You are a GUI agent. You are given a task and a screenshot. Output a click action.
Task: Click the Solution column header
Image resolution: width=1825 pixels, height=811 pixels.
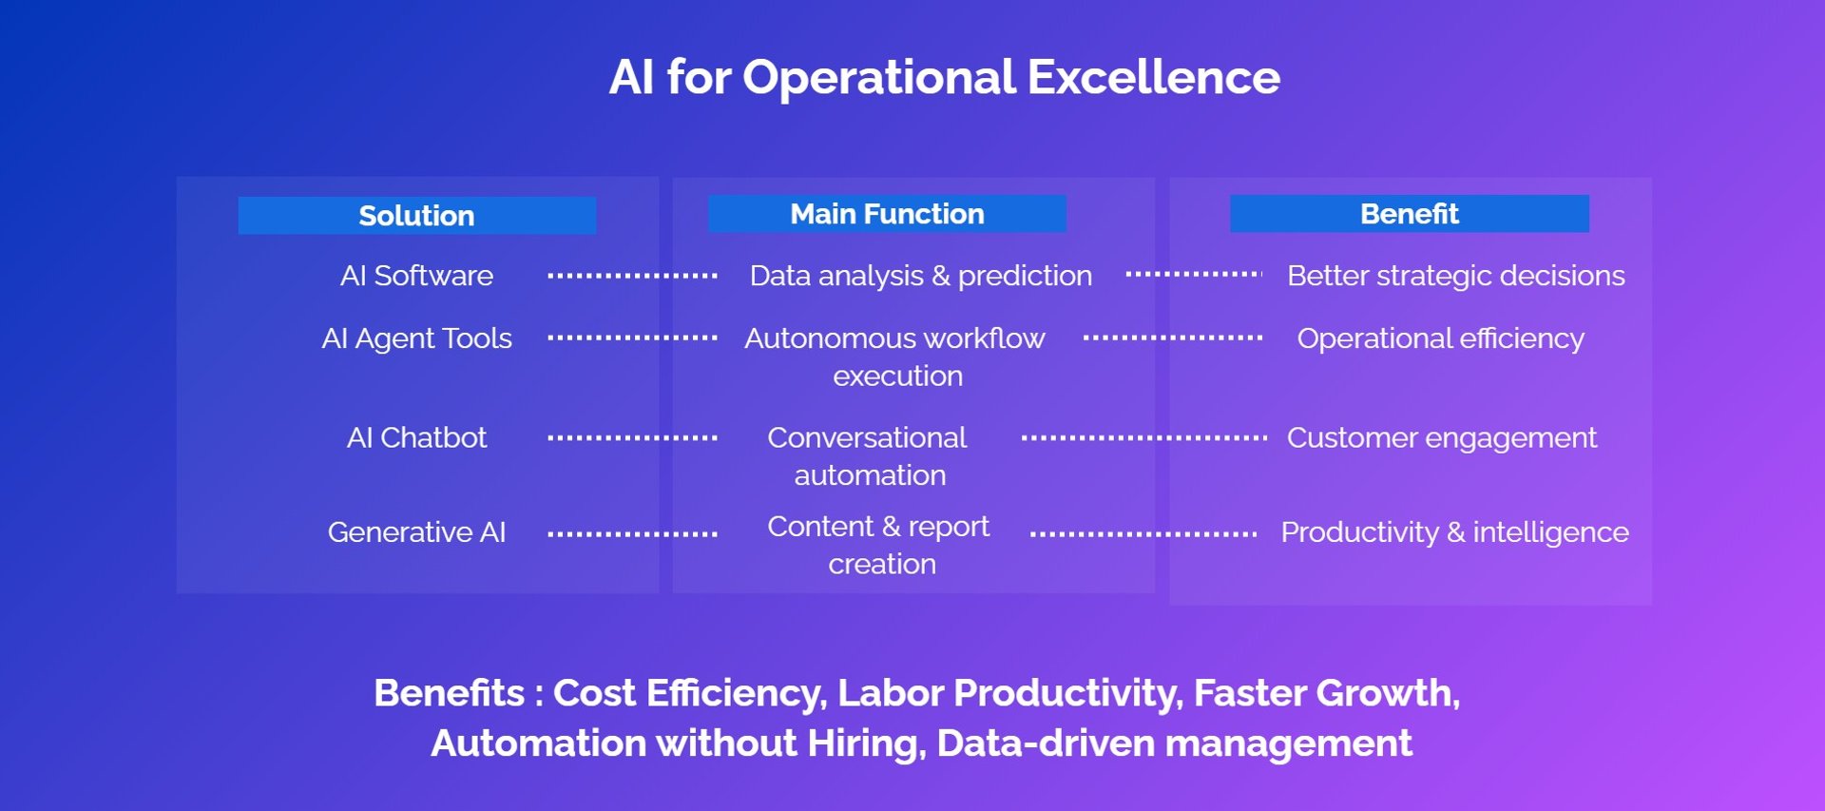tap(416, 216)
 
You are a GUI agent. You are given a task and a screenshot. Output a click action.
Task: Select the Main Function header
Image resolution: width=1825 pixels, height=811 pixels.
tap(887, 214)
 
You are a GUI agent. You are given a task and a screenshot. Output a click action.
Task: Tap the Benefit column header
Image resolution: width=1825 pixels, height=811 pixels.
tap(1409, 214)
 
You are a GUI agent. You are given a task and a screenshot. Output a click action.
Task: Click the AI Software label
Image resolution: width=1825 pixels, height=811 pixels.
tap(416, 276)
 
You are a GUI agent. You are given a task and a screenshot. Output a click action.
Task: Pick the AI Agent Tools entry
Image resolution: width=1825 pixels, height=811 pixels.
tap(416, 339)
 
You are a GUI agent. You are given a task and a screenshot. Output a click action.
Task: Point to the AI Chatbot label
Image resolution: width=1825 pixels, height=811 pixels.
tap(416, 437)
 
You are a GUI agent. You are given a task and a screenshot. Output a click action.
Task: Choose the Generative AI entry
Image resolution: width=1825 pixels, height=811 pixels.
tap(416, 532)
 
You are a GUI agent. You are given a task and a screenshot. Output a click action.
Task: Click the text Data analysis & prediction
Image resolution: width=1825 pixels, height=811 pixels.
tap(920, 276)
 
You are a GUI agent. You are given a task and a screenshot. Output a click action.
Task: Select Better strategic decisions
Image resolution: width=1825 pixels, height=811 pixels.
tap(1455, 276)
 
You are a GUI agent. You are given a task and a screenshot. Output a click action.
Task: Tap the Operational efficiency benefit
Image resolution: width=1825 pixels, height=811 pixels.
tap(1440, 339)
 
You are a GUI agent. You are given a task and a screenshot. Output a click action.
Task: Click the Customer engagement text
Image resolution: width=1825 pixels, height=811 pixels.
tap(1441, 438)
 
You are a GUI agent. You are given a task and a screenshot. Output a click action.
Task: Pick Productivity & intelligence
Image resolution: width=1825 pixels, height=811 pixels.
tap(1454, 532)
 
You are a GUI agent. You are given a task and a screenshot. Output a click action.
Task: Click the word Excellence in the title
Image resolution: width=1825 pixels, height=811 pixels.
tap(1153, 77)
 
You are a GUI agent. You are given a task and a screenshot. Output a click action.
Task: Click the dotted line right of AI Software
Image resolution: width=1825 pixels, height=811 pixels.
tap(632, 276)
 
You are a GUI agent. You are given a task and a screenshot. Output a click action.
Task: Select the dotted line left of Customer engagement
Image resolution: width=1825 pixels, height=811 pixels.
tap(1143, 438)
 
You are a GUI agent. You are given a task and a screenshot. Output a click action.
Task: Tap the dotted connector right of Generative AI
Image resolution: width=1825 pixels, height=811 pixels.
tap(632, 534)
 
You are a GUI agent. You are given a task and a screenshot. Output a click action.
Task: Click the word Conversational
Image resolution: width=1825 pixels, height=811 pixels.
tap(867, 437)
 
